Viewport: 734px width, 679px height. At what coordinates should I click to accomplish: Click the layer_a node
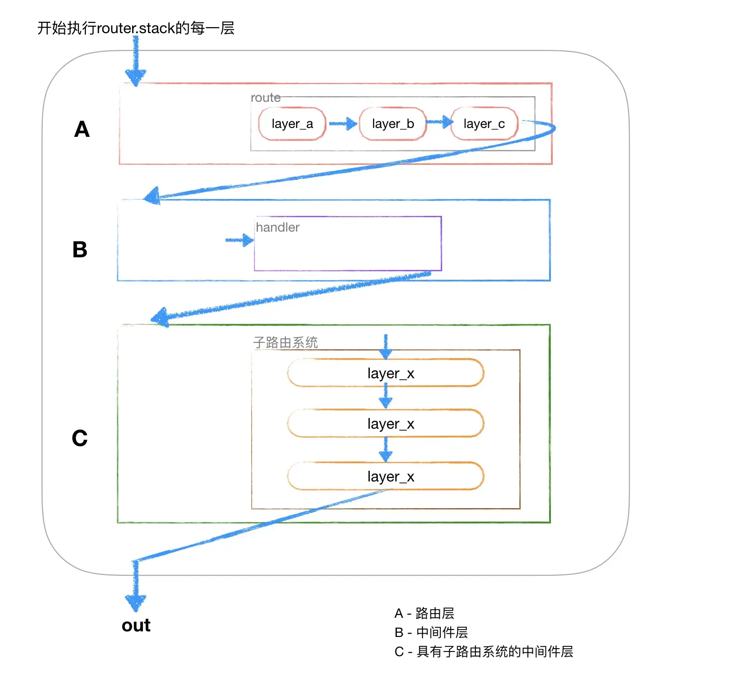(292, 124)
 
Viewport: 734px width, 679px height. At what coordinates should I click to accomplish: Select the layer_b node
(393, 124)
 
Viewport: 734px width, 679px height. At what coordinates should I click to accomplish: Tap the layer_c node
(484, 124)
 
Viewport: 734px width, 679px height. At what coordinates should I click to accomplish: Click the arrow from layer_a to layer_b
(343, 124)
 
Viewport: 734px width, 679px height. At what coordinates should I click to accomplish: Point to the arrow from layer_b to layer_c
(439, 122)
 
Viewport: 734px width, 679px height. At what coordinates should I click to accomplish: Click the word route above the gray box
(265, 98)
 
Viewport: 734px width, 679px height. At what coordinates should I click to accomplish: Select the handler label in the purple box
(277, 227)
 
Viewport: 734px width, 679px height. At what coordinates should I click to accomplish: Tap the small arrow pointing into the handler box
(239, 240)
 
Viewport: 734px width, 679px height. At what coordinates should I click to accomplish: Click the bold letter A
(82, 129)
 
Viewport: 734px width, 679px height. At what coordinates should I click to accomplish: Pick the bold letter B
(80, 250)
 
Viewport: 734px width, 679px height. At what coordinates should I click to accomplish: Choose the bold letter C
(80, 439)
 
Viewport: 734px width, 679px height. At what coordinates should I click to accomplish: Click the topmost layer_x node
(386, 373)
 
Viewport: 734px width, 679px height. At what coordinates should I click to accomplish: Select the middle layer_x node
(386, 424)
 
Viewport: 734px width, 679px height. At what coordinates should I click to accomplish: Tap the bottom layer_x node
(386, 476)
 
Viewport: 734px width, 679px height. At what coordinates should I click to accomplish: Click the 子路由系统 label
(285, 342)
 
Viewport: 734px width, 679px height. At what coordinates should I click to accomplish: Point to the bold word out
(136, 625)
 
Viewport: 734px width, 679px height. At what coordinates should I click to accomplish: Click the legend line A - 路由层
(424, 613)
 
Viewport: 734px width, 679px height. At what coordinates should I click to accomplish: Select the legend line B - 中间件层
(431, 632)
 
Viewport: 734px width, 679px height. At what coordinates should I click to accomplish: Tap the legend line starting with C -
(483, 651)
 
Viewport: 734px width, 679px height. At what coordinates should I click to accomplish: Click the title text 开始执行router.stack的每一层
(135, 28)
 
